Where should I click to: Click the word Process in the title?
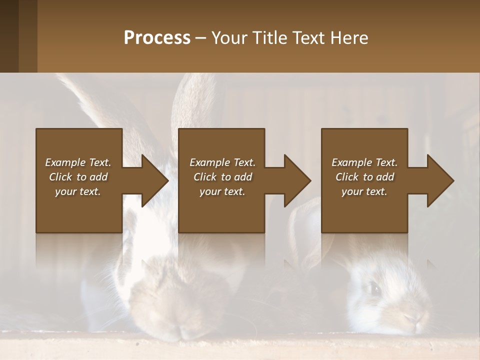(x=157, y=38)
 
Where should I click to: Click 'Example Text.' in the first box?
(x=78, y=162)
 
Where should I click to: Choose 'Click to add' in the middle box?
(x=222, y=177)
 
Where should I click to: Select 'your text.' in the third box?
(x=364, y=191)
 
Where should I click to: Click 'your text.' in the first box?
(x=78, y=191)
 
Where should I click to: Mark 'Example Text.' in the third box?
(x=364, y=162)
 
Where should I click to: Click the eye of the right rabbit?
(x=374, y=287)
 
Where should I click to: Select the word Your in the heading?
(x=228, y=38)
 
